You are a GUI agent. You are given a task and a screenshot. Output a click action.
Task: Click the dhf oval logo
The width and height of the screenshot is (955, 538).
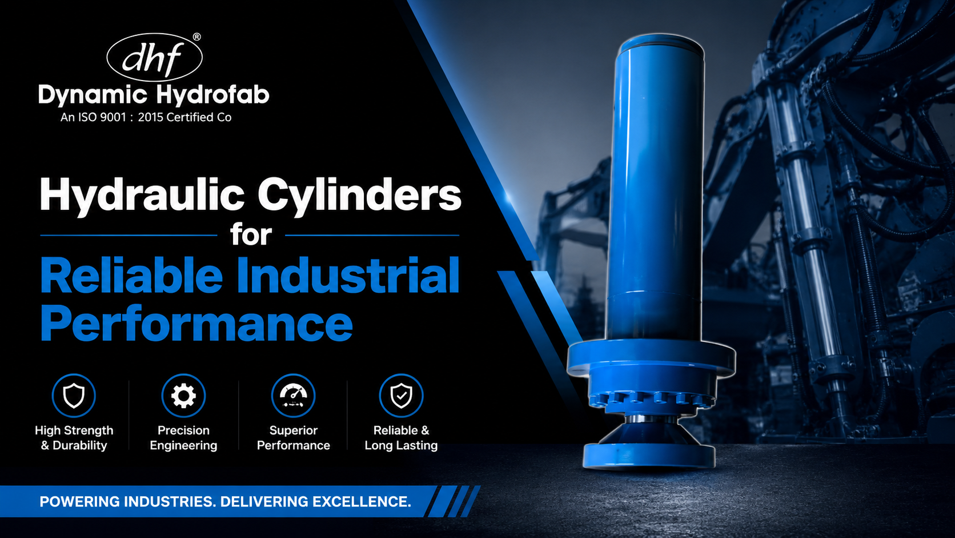154,57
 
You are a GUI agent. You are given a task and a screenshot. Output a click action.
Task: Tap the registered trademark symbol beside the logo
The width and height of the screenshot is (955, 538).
196,37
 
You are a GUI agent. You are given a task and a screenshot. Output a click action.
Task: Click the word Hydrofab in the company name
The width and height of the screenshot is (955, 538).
212,95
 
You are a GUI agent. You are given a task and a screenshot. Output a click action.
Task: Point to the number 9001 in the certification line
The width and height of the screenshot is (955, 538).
113,117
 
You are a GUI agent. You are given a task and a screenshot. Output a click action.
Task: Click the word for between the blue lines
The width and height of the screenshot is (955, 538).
251,234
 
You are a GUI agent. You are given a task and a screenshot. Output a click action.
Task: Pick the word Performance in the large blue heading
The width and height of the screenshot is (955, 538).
196,324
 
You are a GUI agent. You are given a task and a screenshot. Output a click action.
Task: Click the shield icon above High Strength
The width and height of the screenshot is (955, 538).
74,396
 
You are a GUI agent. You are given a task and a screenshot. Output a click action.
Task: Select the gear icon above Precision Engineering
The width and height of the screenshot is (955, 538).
183,396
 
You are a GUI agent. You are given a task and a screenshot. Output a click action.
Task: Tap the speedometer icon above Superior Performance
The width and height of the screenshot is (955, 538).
294,396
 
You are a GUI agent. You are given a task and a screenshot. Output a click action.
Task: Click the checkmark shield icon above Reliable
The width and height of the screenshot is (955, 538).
401,396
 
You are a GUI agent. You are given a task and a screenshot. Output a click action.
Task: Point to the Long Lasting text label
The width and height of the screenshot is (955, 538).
401,445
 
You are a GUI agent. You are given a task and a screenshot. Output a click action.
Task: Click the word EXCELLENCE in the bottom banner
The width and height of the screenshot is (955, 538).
362,502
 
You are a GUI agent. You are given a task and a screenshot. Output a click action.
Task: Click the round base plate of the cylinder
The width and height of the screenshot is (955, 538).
649,455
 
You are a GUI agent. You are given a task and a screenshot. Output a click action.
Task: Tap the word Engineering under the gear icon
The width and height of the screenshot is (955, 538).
183,445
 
